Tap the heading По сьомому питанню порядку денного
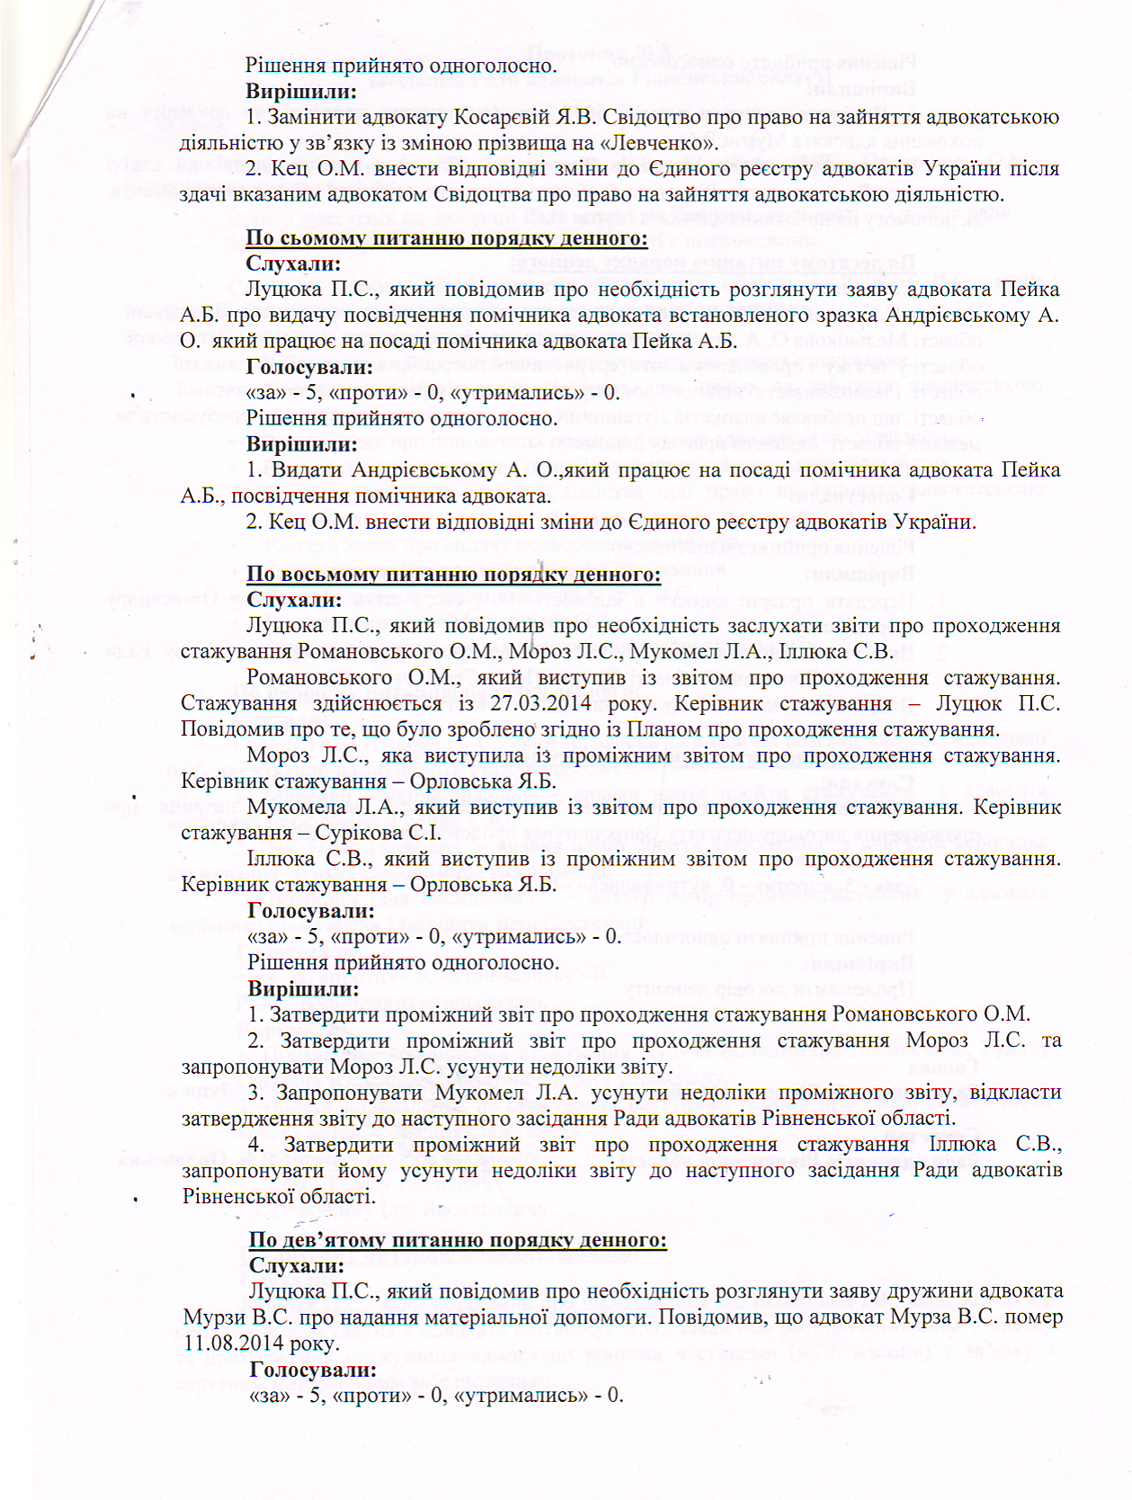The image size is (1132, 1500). click(x=447, y=238)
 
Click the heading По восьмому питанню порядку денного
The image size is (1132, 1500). click(x=454, y=575)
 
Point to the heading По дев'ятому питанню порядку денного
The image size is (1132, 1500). click(x=458, y=1239)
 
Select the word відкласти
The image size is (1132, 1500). click(x=1016, y=1092)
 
